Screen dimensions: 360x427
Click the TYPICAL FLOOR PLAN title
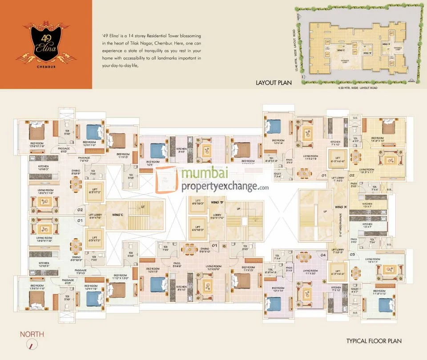[374, 341]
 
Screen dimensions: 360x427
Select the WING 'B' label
[217, 203]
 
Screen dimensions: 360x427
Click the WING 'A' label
[341, 207]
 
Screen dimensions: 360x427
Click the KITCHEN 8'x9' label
[181, 150]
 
